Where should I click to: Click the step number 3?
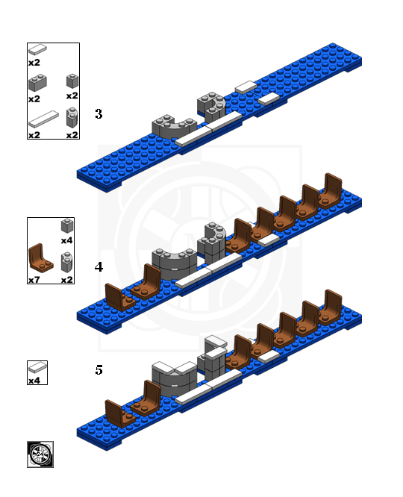pyautogui.click(x=99, y=113)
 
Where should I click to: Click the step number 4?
pyautogui.click(x=99, y=267)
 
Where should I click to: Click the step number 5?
pyautogui.click(x=99, y=370)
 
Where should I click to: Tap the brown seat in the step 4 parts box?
pyautogui.click(x=40, y=258)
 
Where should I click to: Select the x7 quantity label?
pyautogui.click(x=34, y=280)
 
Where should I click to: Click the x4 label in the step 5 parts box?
pyautogui.click(x=34, y=381)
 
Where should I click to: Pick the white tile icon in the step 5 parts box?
pyautogui.click(x=37, y=368)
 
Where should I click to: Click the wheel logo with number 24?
pyautogui.click(x=40, y=454)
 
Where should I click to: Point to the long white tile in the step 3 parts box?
pyautogui.click(x=43, y=119)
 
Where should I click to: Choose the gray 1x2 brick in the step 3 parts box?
pyautogui.click(x=37, y=83)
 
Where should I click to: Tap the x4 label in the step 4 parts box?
pyautogui.click(x=67, y=240)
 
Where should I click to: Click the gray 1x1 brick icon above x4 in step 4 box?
pyautogui.click(x=67, y=225)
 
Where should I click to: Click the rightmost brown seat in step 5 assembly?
pyautogui.click(x=330, y=308)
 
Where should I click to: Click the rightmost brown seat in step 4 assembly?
pyautogui.click(x=330, y=192)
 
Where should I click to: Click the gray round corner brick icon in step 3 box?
pyautogui.click(x=72, y=118)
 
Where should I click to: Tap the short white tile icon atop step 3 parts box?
pyautogui.click(x=37, y=50)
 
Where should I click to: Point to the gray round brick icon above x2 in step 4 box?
pyautogui.click(x=67, y=263)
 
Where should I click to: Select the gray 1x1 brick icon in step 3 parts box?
pyautogui.click(x=72, y=81)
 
